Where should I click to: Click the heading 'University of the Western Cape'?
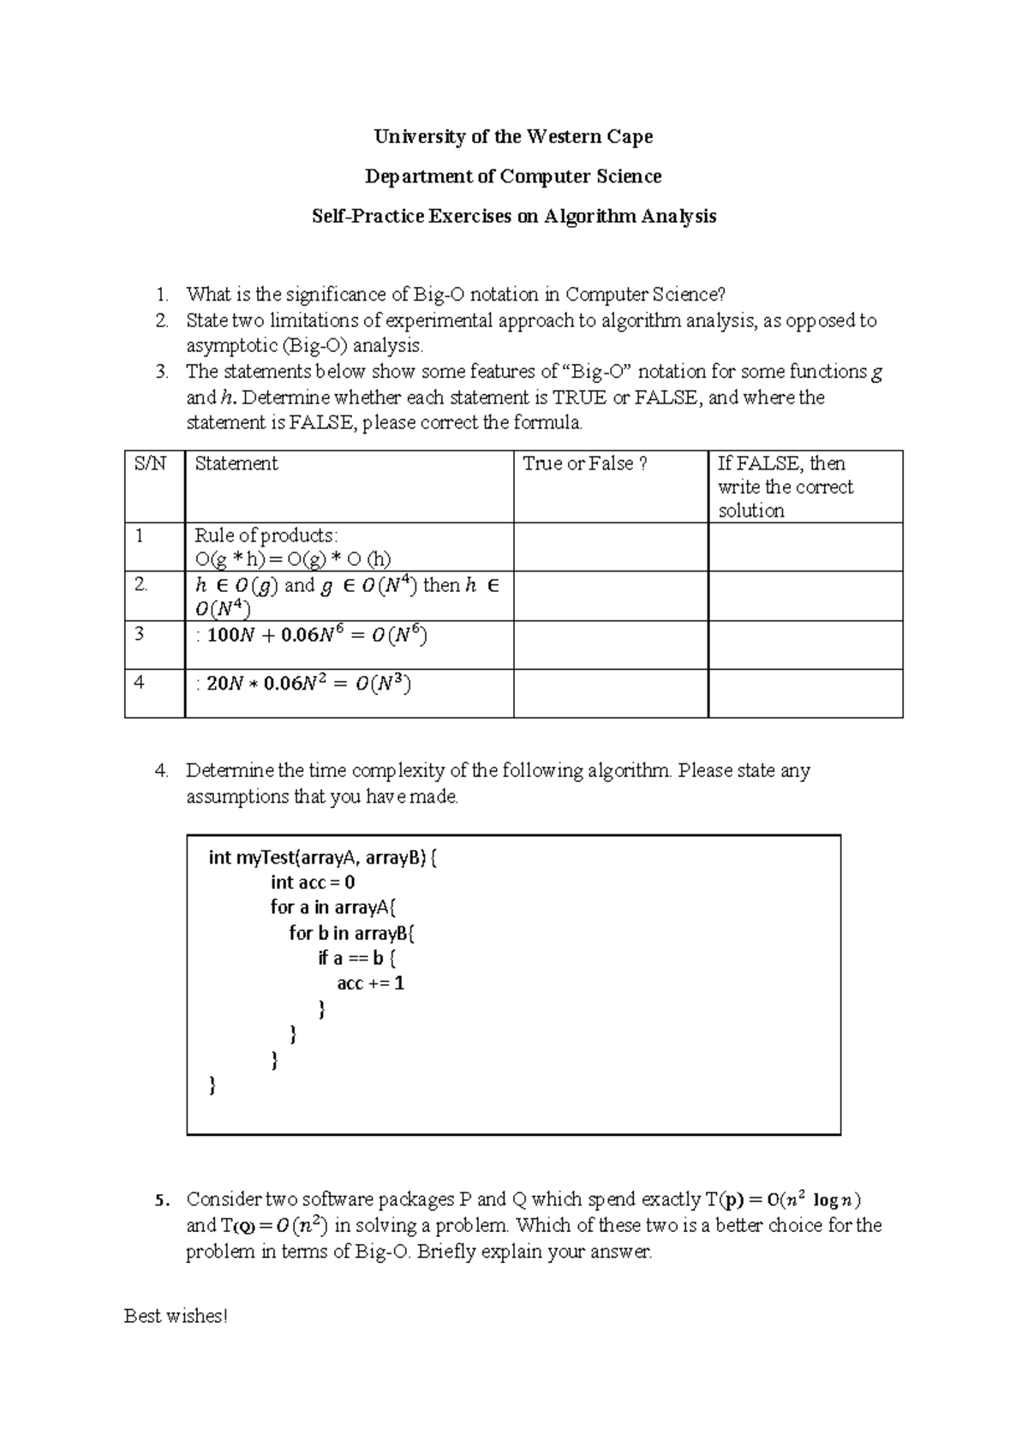(513, 137)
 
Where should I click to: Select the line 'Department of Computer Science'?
(513, 176)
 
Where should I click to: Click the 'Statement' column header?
(236, 463)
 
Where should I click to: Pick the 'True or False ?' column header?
(585, 463)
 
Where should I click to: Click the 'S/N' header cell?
(150, 463)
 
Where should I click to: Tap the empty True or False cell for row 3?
(610, 644)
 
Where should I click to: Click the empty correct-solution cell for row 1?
(805, 547)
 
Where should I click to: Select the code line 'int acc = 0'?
(313, 882)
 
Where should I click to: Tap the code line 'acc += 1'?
(370, 984)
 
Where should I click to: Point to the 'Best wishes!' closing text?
(176, 1316)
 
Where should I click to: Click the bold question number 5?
(160, 1200)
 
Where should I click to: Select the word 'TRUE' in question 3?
(580, 398)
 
